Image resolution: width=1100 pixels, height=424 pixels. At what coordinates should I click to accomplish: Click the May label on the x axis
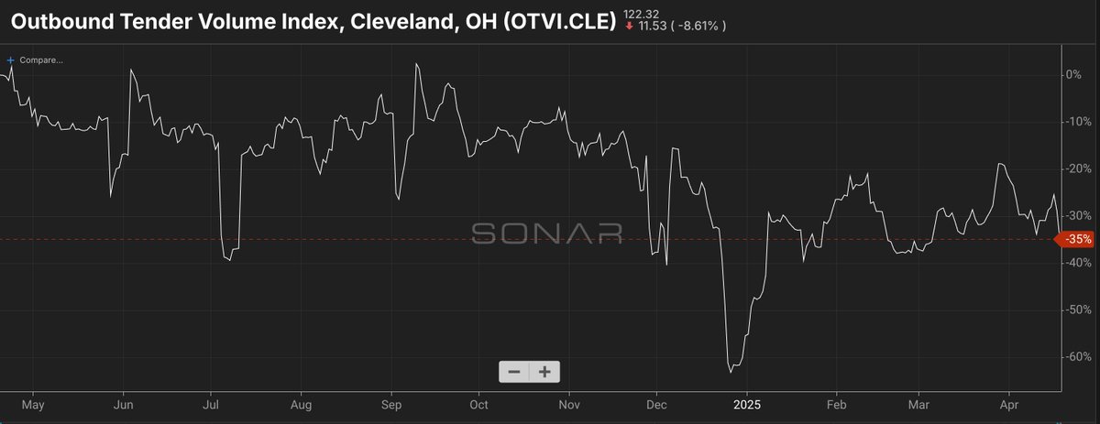click(32, 403)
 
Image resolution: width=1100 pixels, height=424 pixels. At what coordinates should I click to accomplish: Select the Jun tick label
click(125, 403)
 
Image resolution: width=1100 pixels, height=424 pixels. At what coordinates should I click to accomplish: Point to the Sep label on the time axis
click(392, 403)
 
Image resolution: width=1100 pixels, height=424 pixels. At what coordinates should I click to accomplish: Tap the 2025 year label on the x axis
click(748, 403)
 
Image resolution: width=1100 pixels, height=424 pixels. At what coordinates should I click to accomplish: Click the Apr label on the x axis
click(1009, 403)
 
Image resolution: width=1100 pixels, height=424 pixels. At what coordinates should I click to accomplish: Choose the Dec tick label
click(657, 403)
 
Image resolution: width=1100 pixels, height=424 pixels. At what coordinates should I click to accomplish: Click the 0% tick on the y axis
click(1073, 74)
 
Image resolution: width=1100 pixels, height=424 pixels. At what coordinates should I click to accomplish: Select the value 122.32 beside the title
click(641, 13)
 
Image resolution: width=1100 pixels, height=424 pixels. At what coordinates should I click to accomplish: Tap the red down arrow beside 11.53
click(628, 27)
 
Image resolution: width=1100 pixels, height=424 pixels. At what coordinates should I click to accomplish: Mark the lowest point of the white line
click(731, 372)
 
